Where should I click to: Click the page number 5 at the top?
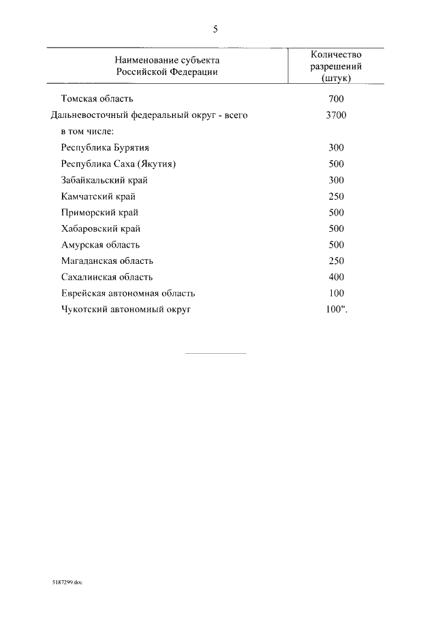(215, 29)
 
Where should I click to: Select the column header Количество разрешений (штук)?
(335, 66)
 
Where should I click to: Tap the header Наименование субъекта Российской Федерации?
(167, 66)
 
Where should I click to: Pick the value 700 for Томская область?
(336, 100)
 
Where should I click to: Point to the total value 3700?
(336, 115)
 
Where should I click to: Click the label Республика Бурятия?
(105, 147)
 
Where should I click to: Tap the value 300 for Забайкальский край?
(336, 180)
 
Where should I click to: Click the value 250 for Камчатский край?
(336, 196)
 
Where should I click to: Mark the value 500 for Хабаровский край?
(336, 228)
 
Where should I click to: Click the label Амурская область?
(100, 245)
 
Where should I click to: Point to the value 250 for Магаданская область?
(336, 261)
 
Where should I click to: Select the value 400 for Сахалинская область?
(336, 277)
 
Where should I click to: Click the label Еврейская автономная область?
(128, 293)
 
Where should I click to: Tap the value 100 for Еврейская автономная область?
(336, 293)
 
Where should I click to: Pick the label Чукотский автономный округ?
(126, 310)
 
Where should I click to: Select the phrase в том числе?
(87, 131)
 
